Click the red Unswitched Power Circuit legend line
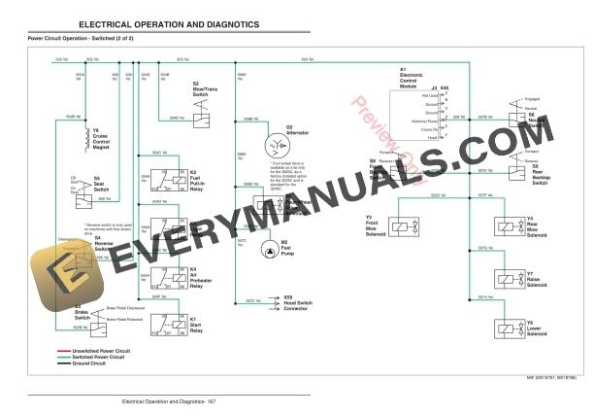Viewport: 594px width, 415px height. (46, 350)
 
